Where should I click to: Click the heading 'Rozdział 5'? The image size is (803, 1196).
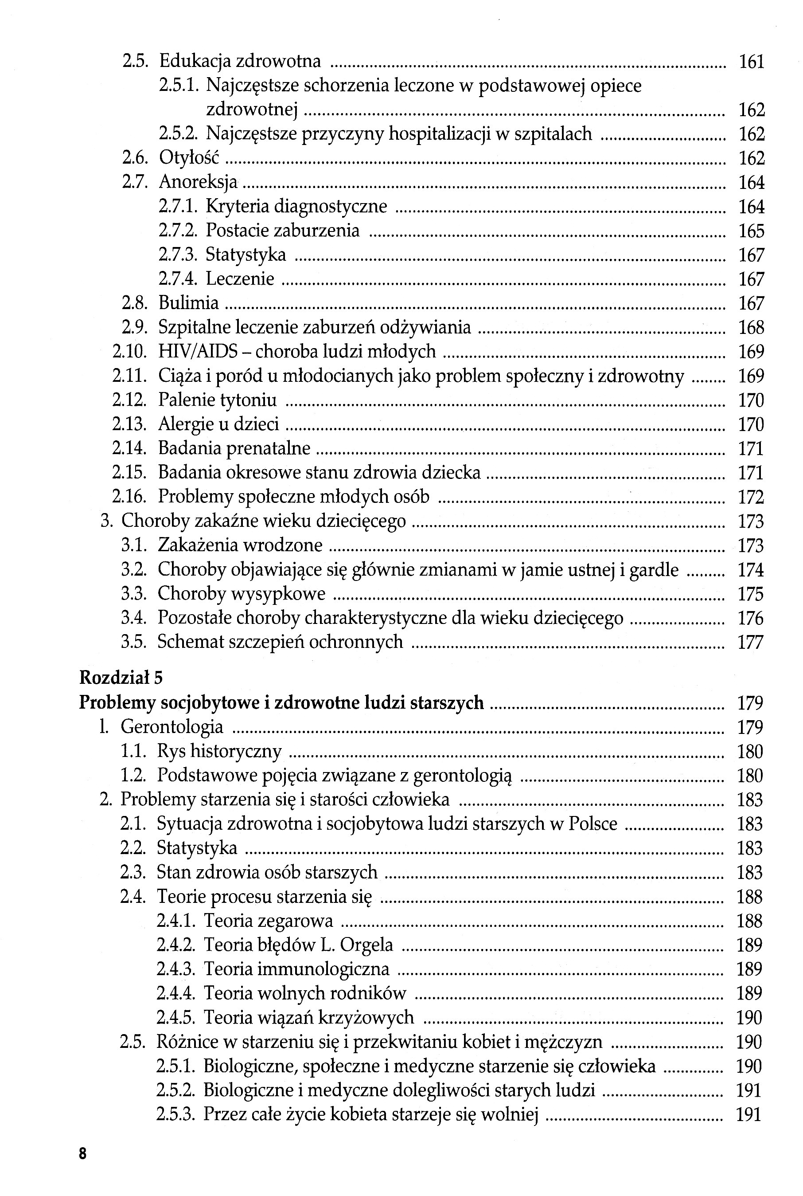pos(121,678)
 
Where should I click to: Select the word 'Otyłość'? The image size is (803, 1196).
pos(189,158)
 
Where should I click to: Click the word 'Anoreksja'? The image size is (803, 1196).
pos(198,182)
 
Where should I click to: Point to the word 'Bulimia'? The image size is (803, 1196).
pos(188,303)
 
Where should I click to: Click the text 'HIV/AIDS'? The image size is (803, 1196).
pos(198,352)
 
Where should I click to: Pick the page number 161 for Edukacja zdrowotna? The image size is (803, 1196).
pos(751,62)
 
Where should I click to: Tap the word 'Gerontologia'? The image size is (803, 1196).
pos(172,727)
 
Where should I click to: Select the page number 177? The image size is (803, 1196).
pos(750,642)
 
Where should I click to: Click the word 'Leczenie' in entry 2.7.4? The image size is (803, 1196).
pos(240,279)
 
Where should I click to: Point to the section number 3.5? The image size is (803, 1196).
pos(134,642)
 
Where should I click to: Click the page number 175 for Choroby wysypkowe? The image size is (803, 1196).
pos(750,594)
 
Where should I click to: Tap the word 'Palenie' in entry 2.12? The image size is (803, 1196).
pos(187,400)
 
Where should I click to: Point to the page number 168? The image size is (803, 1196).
pos(751,327)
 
